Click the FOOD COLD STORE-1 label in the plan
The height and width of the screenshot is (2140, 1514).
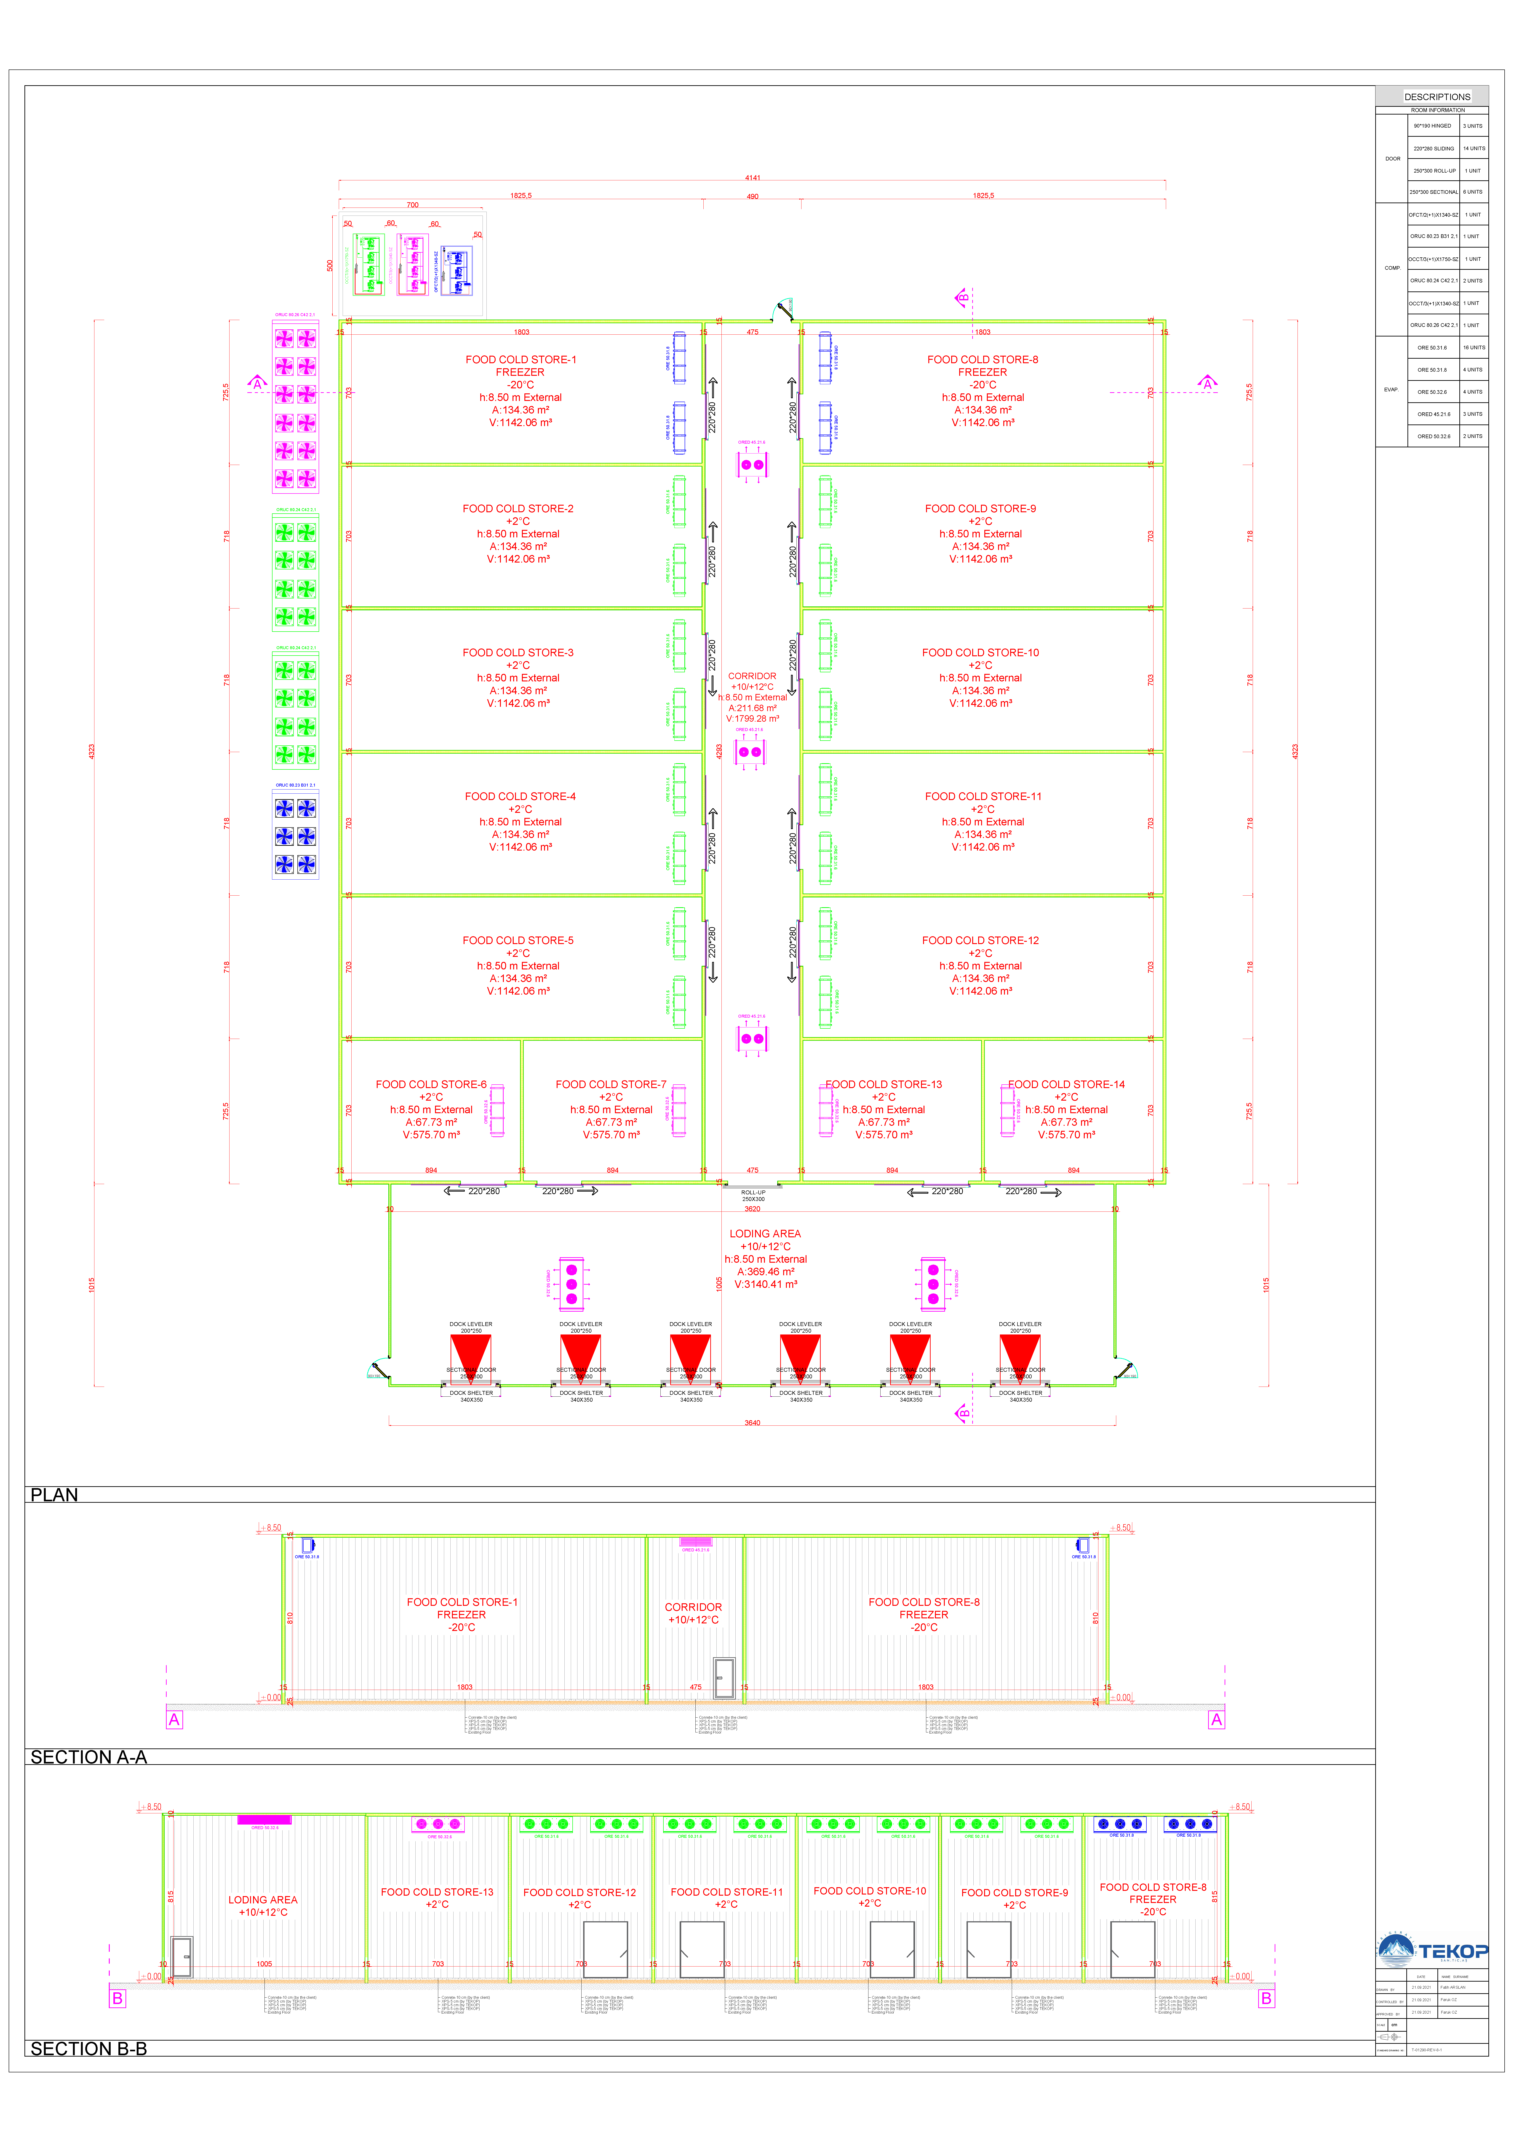point(520,360)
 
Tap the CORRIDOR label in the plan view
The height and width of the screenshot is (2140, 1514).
point(751,677)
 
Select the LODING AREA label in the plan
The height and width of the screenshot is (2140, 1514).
point(764,1234)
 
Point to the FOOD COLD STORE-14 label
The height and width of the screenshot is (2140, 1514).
point(1065,1085)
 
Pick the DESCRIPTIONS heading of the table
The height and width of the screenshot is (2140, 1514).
point(1437,97)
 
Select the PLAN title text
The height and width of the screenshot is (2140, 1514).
point(54,1495)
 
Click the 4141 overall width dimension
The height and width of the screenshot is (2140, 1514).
point(752,178)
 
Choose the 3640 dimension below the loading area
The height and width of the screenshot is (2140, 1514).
point(752,1423)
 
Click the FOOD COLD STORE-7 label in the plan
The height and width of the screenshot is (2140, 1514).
point(611,1085)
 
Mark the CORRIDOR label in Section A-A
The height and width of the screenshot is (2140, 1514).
point(693,1608)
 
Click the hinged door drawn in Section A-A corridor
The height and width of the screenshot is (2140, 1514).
point(724,1678)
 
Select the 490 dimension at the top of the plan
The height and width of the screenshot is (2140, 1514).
point(752,197)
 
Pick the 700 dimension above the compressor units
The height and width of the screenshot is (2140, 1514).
point(412,205)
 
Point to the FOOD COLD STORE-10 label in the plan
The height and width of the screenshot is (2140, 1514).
point(980,653)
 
